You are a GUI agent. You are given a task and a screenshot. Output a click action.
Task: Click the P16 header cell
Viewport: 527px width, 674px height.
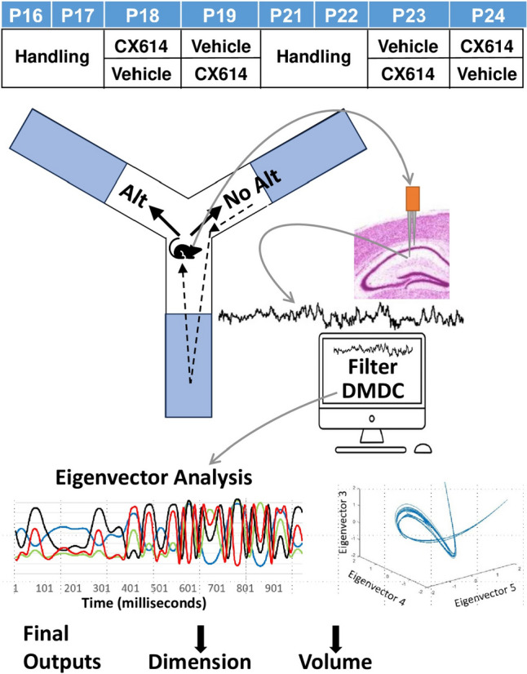[x=26, y=15]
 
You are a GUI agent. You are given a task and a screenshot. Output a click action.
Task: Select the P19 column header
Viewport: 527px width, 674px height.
[x=219, y=15]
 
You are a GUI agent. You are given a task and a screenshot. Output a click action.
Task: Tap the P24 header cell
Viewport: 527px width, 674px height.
[x=488, y=15]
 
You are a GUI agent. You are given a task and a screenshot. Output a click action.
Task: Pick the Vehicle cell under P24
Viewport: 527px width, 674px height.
[x=486, y=74]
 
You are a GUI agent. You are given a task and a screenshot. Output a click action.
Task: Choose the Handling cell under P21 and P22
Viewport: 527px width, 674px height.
[x=314, y=57]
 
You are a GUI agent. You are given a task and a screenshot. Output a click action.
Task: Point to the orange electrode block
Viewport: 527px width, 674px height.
[x=413, y=198]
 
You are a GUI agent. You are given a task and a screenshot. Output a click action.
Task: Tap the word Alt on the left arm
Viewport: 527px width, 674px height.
[x=133, y=197]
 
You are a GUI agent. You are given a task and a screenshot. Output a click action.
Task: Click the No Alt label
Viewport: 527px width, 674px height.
[x=252, y=188]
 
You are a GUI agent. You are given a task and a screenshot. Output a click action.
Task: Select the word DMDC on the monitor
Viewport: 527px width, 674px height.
[x=373, y=390]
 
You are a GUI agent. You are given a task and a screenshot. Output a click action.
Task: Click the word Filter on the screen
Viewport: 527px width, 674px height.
[x=373, y=366]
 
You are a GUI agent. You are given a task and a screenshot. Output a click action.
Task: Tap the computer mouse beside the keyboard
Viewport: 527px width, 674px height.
[x=423, y=448]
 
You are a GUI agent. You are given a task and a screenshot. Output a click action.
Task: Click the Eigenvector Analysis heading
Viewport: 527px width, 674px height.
[x=153, y=477]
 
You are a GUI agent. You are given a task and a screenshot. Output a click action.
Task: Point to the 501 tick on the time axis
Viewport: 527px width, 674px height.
[x=159, y=588]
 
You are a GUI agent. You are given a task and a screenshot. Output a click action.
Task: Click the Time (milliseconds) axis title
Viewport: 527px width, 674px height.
[x=144, y=602]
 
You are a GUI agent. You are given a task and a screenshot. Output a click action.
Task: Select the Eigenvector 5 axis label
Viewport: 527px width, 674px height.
[x=485, y=596]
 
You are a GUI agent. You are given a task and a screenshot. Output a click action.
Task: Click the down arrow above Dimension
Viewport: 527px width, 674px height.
[x=201, y=639]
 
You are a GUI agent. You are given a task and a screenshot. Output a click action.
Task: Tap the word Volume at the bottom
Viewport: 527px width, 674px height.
[x=335, y=662]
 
